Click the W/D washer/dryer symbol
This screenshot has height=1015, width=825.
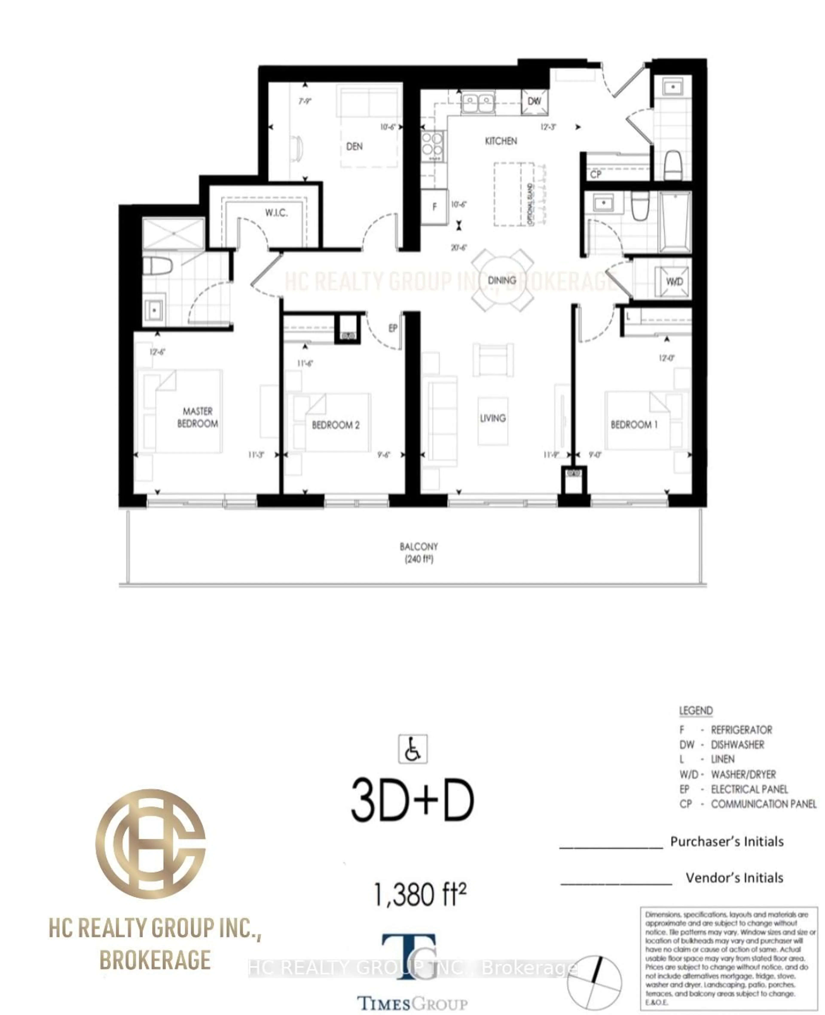tap(674, 282)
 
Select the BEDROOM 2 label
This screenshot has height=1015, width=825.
tap(336, 425)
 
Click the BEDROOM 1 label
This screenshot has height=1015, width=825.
tap(634, 424)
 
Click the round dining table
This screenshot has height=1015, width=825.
tap(502, 280)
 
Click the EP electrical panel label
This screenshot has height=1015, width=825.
tap(393, 328)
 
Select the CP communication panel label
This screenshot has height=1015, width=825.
tap(596, 175)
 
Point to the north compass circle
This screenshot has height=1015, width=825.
tap(594, 982)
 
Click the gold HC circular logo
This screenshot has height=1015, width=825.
tap(151, 843)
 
